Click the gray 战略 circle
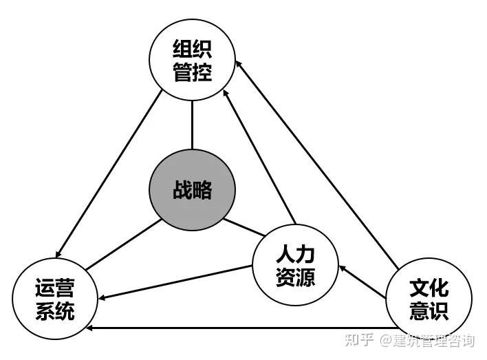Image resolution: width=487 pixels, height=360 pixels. point(193,191)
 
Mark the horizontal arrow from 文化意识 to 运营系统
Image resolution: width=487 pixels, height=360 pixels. point(241,328)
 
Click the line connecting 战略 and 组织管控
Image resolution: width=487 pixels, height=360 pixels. point(192,125)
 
